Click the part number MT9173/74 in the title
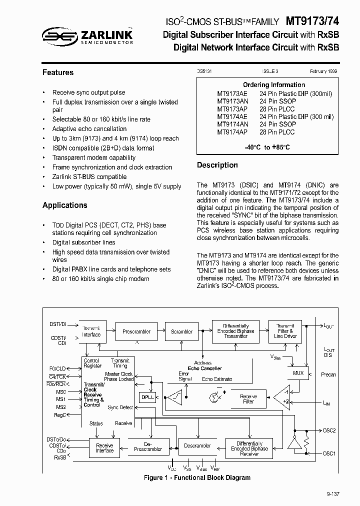312,21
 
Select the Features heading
58,72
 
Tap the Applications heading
64,205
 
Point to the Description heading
217,165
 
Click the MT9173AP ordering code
232,108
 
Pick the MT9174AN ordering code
232,124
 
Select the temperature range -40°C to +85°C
267,147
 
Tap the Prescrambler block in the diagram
136,331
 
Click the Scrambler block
181,331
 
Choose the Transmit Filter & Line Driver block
286,331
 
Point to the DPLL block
147,397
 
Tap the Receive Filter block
248,398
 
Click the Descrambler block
197,445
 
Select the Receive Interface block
104,448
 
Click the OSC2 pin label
329,430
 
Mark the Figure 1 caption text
197,478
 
